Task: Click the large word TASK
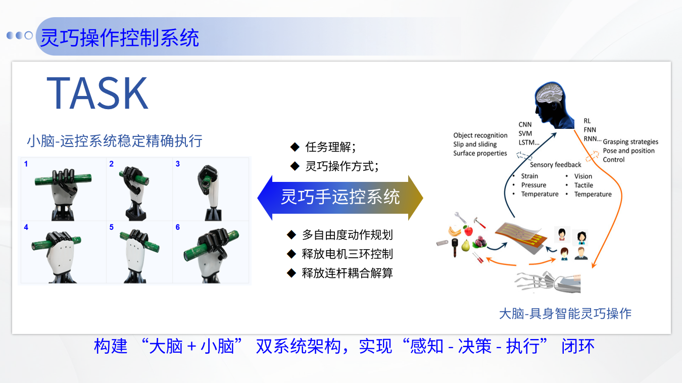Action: click(98, 93)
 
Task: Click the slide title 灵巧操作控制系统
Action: click(119, 38)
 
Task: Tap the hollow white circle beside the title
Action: click(29, 35)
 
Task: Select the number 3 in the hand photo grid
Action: click(178, 164)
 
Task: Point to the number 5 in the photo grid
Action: click(112, 227)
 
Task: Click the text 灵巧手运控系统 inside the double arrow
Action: click(340, 197)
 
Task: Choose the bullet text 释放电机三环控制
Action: click(348, 254)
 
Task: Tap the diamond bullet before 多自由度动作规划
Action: click(291, 235)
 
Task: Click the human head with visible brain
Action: click(554, 105)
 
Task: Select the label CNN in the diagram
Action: click(525, 124)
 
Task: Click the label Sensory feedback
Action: click(556, 165)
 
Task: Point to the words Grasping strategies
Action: click(630, 142)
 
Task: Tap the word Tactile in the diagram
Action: click(583, 185)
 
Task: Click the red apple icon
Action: click(468, 230)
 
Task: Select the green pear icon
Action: click(465, 246)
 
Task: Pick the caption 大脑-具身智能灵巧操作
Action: click(565, 314)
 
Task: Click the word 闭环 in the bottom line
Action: click(578, 346)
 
